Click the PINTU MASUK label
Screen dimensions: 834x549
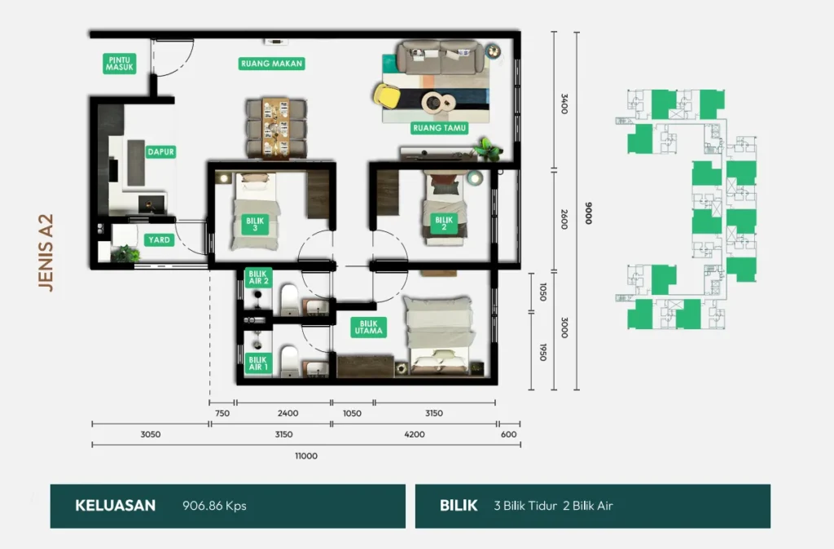[119, 64]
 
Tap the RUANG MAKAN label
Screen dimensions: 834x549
[272, 64]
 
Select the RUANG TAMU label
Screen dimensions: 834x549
[439, 128]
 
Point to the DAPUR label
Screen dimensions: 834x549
[160, 152]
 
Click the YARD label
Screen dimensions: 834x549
[159, 240]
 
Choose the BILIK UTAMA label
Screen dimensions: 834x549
[369, 327]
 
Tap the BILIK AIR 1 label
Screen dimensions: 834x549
[258, 364]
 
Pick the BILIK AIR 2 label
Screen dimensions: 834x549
[258, 277]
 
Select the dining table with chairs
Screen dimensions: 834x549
[276, 128]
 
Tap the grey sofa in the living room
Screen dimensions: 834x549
[441, 57]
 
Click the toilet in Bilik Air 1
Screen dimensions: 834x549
[289, 361]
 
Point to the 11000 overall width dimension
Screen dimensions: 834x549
[306, 456]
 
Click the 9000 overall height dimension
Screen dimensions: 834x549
[588, 213]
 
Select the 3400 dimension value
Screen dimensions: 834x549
[564, 103]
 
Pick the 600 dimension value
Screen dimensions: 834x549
[508, 435]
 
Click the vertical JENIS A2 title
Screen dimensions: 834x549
[46, 253]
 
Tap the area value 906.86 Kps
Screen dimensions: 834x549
[214, 505]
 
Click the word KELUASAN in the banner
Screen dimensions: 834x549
[116, 505]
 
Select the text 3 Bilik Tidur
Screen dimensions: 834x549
[525, 506]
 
